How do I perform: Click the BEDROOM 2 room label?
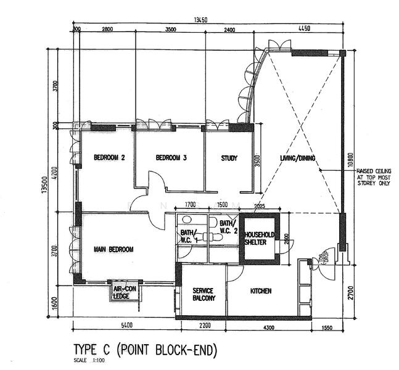coord(110,158)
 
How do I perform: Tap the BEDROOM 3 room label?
coord(171,158)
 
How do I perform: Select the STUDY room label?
coord(229,158)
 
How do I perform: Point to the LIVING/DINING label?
coord(297,158)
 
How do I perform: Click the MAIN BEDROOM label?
coord(113,249)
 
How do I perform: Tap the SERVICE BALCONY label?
coord(204,294)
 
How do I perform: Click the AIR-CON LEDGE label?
coord(125,292)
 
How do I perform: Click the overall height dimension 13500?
coord(44,184)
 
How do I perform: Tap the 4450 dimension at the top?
coord(303,29)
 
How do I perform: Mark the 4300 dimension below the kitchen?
coord(270,325)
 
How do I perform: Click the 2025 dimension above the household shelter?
coord(258,206)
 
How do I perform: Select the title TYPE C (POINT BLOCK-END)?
coord(146,350)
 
